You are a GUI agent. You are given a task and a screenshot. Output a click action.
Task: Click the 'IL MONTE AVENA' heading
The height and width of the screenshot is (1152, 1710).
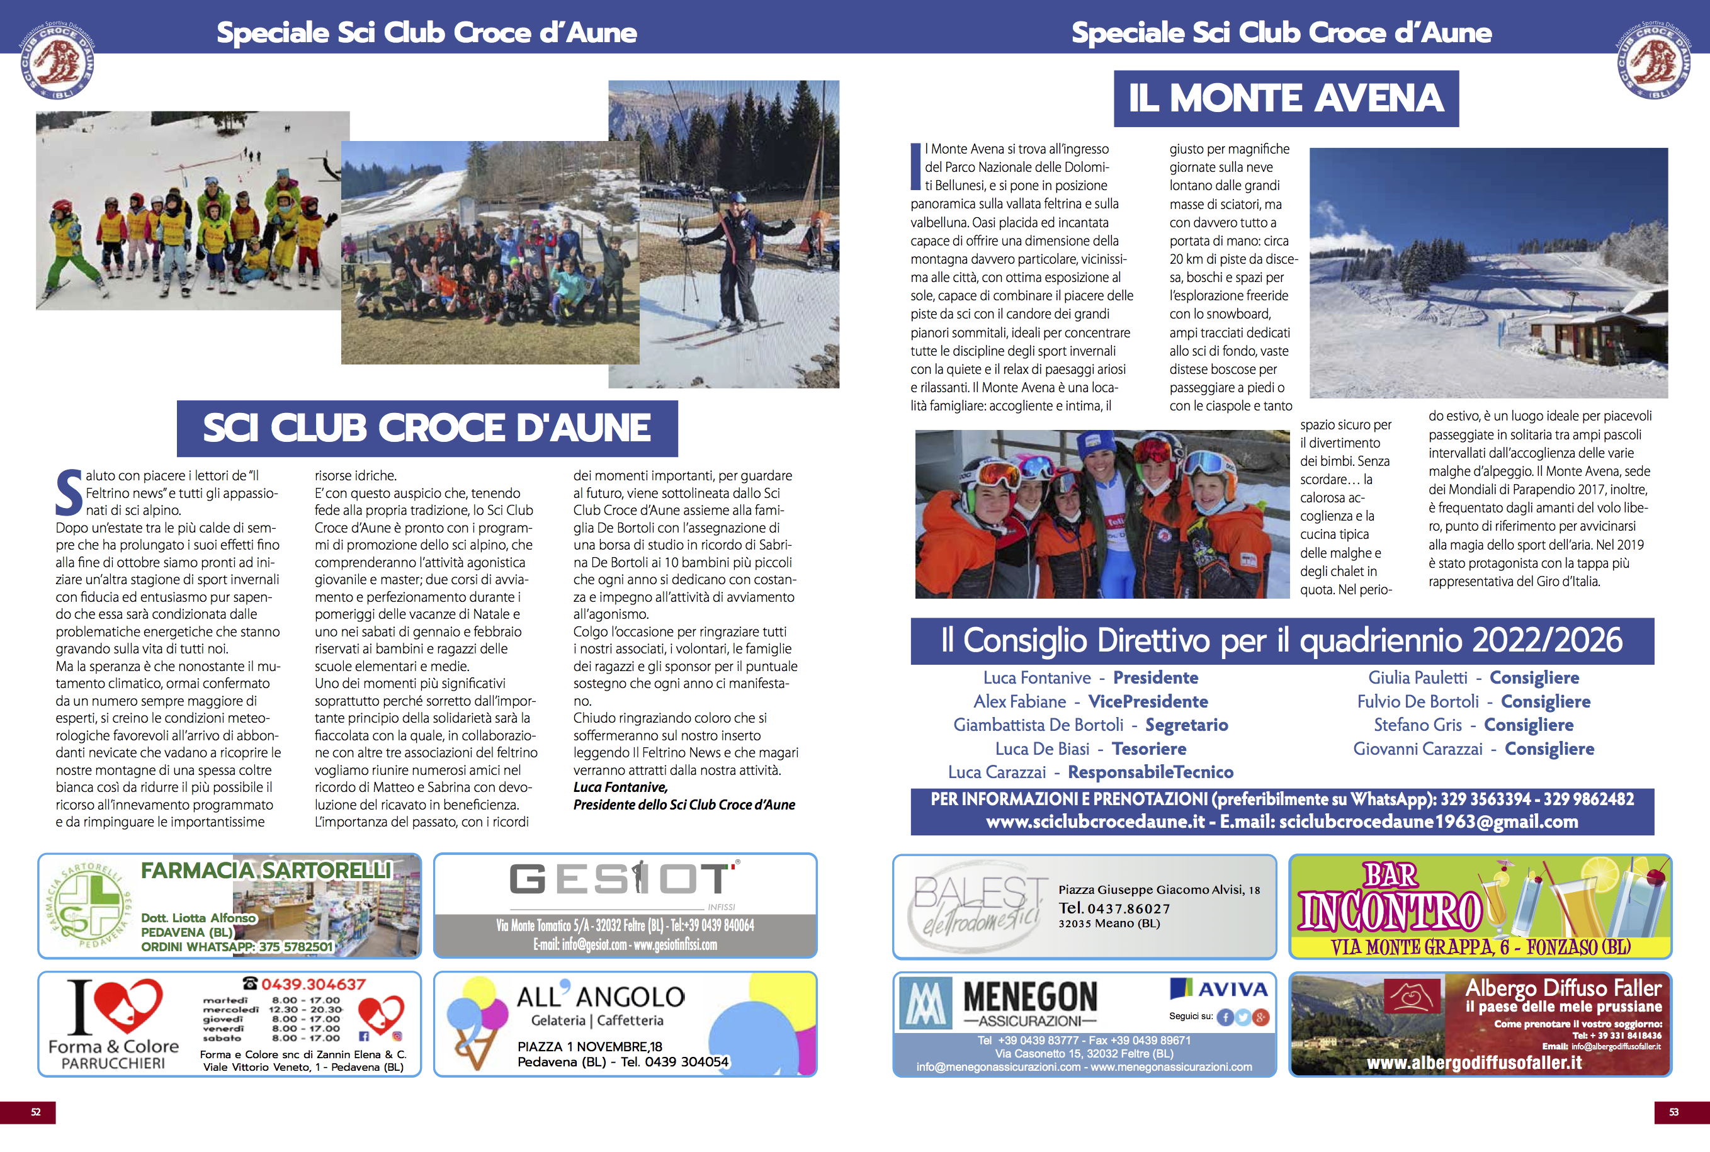1286,98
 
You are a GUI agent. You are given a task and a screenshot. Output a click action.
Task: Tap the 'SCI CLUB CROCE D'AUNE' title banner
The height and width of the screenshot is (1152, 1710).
427,427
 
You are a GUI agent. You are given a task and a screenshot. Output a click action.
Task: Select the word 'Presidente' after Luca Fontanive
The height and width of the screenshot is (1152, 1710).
1155,677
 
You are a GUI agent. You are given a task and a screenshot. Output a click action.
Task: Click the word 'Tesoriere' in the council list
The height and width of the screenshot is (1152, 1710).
1148,748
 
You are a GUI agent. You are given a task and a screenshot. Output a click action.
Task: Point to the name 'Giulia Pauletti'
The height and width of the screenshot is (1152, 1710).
1417,677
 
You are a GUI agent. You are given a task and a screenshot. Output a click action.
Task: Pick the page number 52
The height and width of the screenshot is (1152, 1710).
35,1112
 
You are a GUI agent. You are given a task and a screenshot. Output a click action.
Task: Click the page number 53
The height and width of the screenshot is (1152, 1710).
1673,1112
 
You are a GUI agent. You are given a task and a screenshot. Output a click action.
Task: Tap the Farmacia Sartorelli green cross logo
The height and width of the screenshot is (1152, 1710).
88,906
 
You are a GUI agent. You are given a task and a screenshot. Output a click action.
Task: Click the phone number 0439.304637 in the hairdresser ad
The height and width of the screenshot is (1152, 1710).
312,985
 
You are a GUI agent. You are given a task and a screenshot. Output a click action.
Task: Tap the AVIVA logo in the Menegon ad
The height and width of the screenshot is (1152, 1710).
1220,989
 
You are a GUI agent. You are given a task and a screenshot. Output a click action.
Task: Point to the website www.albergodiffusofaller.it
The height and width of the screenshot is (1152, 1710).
1473,1063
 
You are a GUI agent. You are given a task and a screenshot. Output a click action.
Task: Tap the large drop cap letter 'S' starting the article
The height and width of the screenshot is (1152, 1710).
69,492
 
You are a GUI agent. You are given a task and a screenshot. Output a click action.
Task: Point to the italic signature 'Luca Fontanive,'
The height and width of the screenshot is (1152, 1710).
620,788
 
